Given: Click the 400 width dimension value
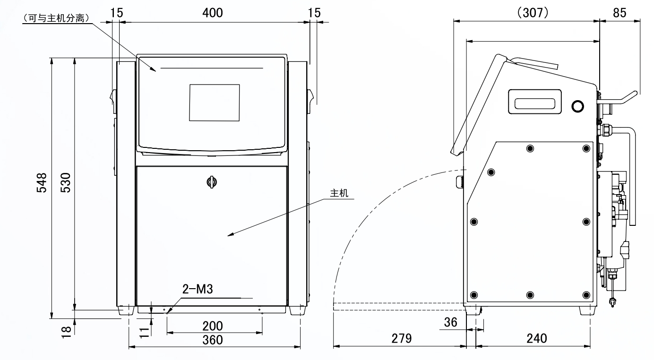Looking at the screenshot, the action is pos(213,13).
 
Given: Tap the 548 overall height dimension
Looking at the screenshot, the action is pos(42,183).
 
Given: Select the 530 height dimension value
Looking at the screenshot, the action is pos(66,183).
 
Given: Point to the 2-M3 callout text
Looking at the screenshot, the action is pos(198,289).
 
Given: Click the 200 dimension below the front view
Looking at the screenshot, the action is pos(213,326).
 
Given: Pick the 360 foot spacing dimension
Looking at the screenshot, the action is pos(213,340).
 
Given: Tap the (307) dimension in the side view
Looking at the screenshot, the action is pos(533,13).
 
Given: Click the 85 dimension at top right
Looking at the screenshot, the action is pos(620,13).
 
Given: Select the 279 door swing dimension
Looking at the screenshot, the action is pos(402,338).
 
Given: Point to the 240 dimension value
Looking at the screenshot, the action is pos(537,338).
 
